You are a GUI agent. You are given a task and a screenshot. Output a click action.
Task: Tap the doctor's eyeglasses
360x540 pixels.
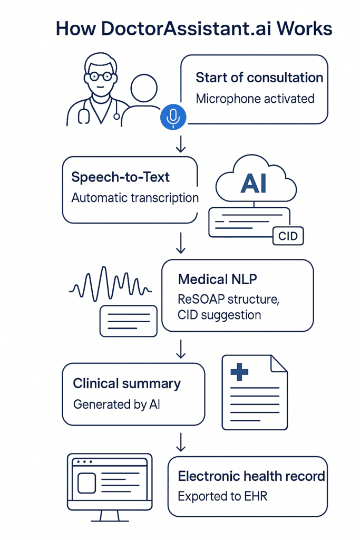pyautogui.click(x=100, y=76)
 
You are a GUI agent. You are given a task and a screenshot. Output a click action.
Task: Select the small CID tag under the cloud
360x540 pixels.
pyautogui.click(x=288, y=236)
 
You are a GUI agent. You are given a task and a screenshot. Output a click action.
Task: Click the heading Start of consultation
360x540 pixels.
pyautogui.click(x=259, y=78)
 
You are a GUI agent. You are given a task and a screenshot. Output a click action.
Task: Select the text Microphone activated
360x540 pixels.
pyautogui.click(x=255, y=99)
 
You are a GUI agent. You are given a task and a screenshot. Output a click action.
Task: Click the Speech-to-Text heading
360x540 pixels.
pyautogui.click(x=121, y=177)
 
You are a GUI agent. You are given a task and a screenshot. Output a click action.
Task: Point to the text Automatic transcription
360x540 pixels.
pyautogui.click(x=135, y=198)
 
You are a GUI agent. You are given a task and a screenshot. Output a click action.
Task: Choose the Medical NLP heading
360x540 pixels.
pyautogui.click(x=218, y=279)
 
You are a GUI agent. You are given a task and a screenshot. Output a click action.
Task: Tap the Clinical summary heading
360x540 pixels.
pyautogui.click(x=127, y=383)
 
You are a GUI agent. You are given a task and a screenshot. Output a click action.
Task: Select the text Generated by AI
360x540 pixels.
pyautogui.click(x=116, y=404)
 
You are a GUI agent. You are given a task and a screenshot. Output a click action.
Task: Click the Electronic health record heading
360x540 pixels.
pyautogui.click(x=251, y=476)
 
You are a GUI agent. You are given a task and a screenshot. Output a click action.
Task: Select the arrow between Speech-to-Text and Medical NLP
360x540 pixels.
pyautogui.click(x=181, y=244)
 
